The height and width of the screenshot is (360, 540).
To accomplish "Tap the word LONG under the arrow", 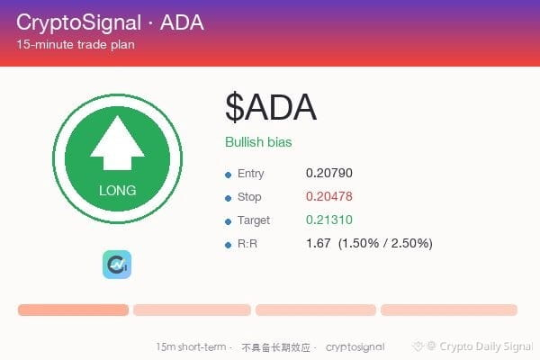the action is coord(117,191).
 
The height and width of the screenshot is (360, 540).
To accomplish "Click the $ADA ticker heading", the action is coord(271,107).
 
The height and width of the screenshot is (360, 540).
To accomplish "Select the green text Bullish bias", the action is coord(258,142).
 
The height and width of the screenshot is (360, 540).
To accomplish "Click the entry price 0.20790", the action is coord(328,173).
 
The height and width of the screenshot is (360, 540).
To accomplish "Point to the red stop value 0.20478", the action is coord(328,196).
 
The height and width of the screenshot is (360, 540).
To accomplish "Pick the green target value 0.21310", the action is coord(328,220).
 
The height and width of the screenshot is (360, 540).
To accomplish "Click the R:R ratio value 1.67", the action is coord(319,243).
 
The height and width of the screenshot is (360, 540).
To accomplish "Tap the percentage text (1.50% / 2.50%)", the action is coord(385,243).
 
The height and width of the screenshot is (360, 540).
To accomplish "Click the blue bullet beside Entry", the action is coord(228,175).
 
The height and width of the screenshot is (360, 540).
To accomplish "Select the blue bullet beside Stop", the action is coord(228,198).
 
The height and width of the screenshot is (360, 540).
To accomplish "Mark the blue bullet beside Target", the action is coord(228,222).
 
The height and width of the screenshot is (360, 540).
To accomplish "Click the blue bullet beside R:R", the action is coord(228,246).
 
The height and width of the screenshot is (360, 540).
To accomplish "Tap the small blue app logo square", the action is coord(117,265).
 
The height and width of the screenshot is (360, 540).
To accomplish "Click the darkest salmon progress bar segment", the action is coord(74,310).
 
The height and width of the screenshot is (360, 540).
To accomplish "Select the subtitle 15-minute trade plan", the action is coord(76,44).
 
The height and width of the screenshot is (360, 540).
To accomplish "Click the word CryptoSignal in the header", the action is coord(79,22).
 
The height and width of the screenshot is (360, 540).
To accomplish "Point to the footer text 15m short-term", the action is coord(191,346).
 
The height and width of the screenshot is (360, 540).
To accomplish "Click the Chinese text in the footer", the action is coord(276,347).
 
